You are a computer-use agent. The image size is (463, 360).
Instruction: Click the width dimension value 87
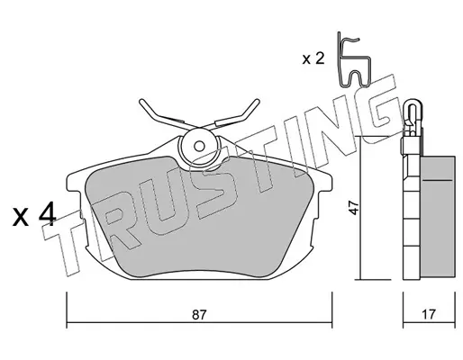point(200,315)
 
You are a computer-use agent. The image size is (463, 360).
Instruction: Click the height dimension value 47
point(355,208)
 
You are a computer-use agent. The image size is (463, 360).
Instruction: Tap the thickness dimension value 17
point(428,315)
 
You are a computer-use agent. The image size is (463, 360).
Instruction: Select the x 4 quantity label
point(34,214)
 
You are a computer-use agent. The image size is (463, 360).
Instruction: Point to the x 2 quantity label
point(313,58)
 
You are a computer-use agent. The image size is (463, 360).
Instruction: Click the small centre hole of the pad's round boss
point(199,147)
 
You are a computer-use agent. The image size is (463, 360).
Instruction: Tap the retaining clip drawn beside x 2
point(354,59)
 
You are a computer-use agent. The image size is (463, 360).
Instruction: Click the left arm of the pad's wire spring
point(162,114)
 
